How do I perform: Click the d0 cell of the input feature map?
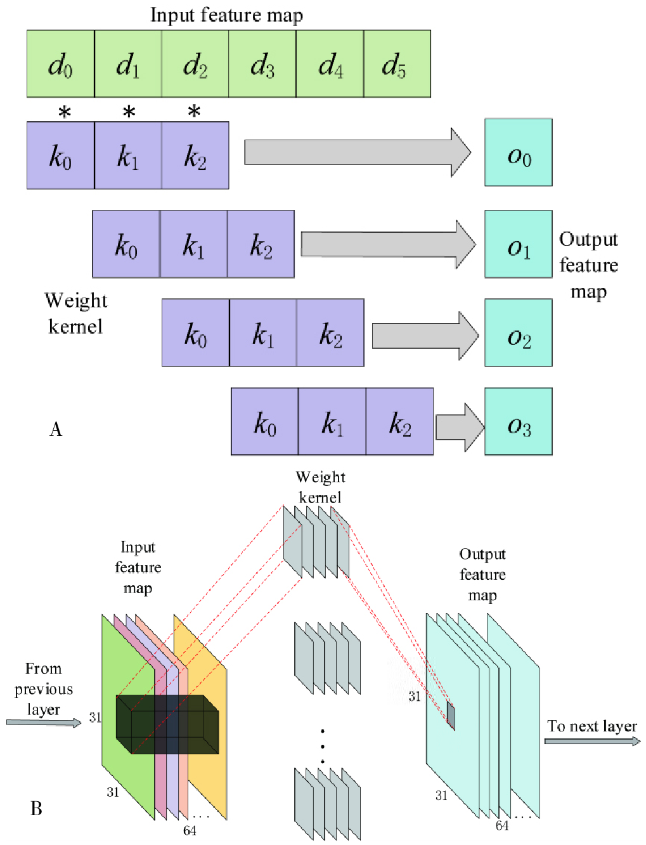pos(61,64)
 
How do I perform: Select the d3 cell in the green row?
pos(262,64)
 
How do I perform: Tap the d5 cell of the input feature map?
pos(397,64)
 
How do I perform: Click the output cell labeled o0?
pos(519,153)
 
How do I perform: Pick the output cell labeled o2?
pos(519,333)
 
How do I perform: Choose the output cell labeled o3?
pos(519,422)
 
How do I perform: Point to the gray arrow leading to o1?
pos(387,244)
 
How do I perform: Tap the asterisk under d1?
pos(129,113)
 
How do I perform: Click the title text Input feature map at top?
pos(226,15)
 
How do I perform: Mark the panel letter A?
pos(56,429)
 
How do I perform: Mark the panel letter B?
pos(36,809)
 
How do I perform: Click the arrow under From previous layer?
pos(44,723)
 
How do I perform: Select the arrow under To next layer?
pos(592,741)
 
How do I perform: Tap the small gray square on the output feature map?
pos(451,716)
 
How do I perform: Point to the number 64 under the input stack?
pos(190,830)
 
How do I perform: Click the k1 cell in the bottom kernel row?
pos(332,422)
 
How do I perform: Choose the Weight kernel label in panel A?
pos(75,313)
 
